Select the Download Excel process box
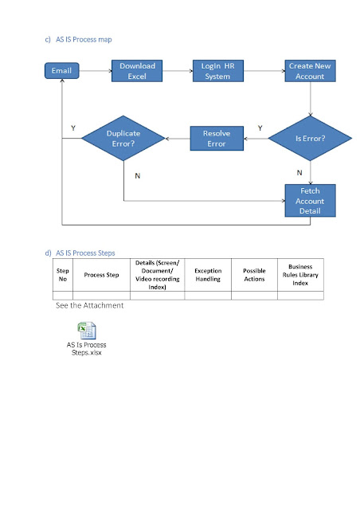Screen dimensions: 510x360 pos(137,71)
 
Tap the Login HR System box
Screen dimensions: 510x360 pos(217,71)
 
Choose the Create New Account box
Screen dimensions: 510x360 pos(311,71)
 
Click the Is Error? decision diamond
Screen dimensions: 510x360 pos(310,138)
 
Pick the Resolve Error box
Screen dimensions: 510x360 pos(216,139)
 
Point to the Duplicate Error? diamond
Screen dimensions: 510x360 pos(123,139)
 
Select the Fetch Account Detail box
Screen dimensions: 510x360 pos(311,201)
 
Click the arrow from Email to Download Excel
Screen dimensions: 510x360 pos(96,72)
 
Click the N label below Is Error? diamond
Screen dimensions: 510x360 pos(299,172)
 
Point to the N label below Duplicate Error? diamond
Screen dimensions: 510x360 pos(137,175)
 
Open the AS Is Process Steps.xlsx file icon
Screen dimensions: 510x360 pos(85,330)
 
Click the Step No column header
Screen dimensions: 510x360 pos(63,275)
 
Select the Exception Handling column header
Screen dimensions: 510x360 pos(208,275)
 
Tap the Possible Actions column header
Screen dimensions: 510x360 pos(254,275)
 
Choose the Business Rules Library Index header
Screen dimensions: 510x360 pos(300,275)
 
